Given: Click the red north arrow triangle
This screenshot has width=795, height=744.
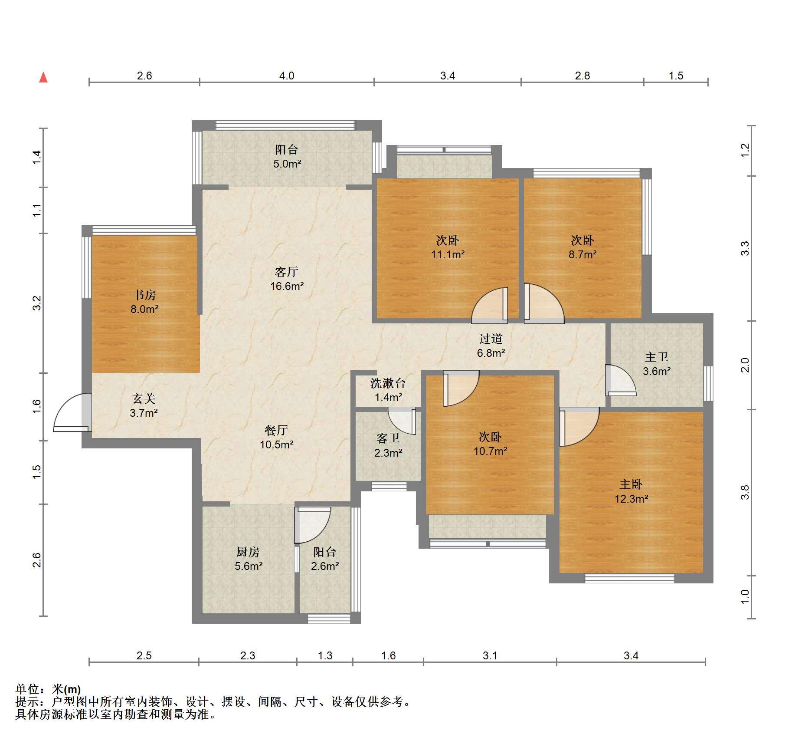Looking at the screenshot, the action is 43,78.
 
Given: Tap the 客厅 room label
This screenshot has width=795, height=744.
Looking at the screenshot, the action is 287,272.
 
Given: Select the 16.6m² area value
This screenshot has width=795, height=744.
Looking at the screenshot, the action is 287,286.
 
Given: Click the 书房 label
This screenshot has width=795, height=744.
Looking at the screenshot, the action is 144,295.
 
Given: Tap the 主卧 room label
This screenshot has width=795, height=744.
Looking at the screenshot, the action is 631,484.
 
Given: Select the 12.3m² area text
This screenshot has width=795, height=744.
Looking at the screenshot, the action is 631,499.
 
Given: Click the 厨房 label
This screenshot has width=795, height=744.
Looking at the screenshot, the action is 248,552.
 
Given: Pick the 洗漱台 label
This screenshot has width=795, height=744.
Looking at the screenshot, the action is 388,383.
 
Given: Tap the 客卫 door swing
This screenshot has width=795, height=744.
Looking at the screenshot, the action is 402,421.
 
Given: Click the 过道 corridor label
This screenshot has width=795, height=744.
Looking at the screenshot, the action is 491,339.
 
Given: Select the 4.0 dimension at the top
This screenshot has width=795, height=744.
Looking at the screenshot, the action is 286,76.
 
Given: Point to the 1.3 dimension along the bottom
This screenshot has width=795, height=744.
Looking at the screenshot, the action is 325,655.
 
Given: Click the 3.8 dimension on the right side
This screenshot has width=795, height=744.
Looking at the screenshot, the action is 745,492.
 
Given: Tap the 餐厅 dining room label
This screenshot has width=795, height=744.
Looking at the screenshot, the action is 276,430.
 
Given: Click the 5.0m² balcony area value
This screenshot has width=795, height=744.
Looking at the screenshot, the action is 287,164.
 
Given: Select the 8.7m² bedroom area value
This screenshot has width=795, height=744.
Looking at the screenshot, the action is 582,255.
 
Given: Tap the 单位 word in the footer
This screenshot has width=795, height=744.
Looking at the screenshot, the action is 27,689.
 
